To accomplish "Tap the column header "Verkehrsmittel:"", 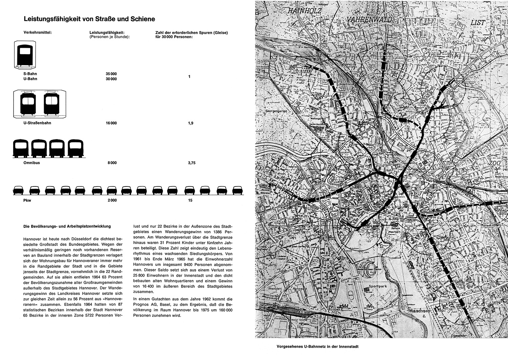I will pos(37,33).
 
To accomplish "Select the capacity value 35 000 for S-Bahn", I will pos(111,74).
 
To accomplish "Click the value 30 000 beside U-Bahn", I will pos(111,79).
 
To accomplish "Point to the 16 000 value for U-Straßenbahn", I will pos(111,123).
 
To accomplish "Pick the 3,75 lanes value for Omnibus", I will pos(192,163).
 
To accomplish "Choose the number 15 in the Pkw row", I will pos(190,200).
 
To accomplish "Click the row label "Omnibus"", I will pos(31,163).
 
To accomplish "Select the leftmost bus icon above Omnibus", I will pos(21,148).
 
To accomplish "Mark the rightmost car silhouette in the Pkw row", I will pos(238,190).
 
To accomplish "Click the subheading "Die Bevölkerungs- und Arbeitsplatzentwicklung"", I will pos(67,226).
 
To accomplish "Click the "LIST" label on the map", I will pos(478,23).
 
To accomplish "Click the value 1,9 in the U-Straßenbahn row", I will pos(190,123).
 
